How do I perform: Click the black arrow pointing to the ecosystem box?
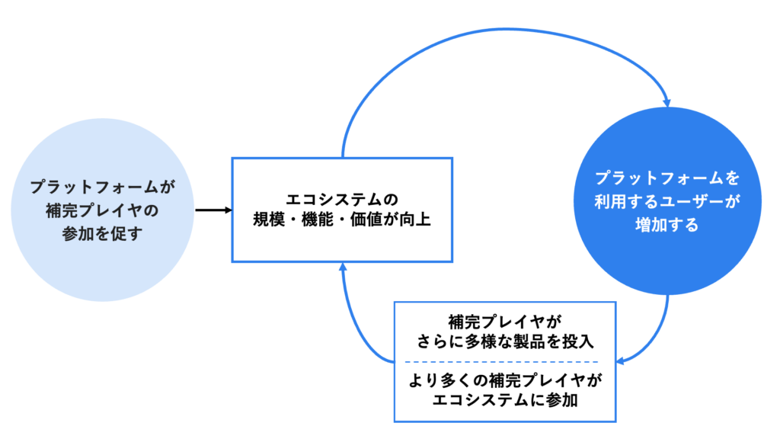coord(213,210)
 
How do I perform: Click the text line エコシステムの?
coord(341,200)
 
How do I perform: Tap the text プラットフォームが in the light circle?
coord(102,186)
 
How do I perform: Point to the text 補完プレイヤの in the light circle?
coord(102,210)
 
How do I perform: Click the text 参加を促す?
coord(102,233)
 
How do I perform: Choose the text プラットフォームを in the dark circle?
coord(667,178)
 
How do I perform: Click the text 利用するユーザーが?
coord(667,202)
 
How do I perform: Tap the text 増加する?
coord(667,226)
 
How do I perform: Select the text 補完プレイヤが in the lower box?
coord(504,320)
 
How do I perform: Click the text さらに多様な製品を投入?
coord(504,340)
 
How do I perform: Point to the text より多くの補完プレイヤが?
coord(504,380)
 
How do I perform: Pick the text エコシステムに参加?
coord(504,399)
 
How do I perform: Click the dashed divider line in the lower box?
coord(504,360)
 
